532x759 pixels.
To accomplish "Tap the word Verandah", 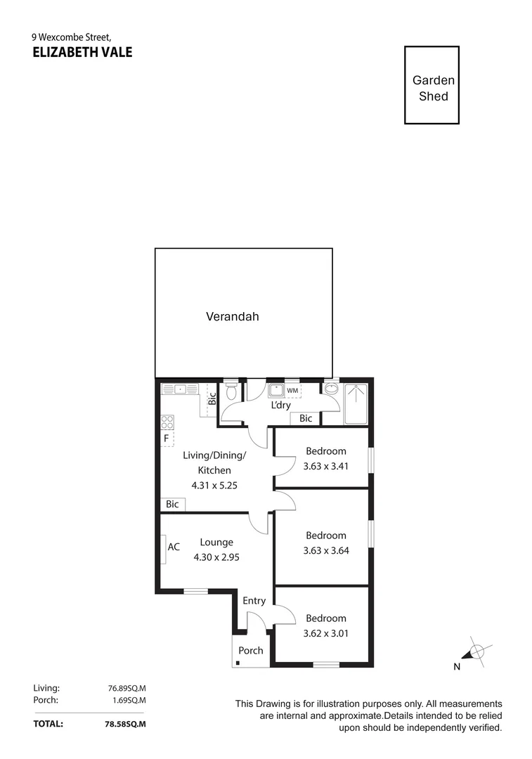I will [232, 316].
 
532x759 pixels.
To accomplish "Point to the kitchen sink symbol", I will [180, 389].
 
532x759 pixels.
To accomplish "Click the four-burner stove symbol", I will [168, 422].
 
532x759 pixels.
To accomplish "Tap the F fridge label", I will [167, 439].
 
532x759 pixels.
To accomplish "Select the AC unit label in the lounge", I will [174, 547].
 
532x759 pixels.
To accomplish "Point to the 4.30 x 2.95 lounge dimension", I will [216, 557].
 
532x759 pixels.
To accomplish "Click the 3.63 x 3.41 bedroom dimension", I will [325, 466].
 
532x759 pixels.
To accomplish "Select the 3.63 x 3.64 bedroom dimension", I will [325, 550].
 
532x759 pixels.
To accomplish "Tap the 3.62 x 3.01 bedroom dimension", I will [325, 633].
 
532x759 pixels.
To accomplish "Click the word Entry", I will [254, 601].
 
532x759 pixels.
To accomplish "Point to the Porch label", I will [250, 651].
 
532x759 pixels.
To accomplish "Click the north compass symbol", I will [476, 651].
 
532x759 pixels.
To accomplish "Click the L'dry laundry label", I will [281, 406].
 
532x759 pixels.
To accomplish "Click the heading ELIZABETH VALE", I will [82, 52].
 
